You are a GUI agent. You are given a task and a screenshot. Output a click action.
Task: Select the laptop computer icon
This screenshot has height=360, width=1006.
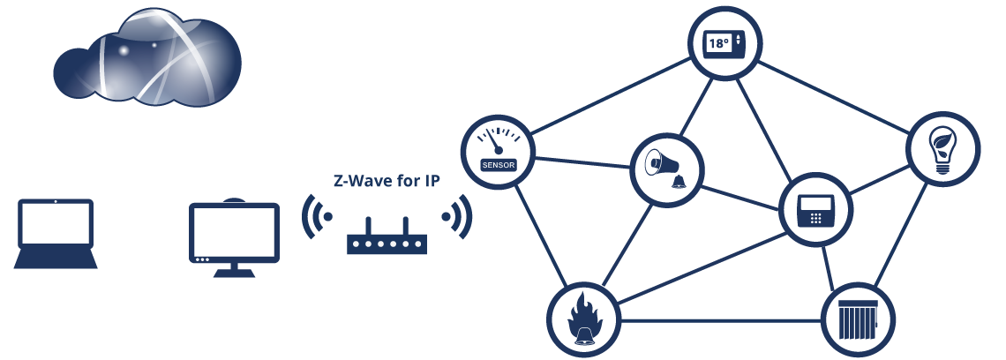(x=55, y=235)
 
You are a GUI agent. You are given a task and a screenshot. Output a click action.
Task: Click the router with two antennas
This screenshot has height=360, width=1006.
(x=387, y=239)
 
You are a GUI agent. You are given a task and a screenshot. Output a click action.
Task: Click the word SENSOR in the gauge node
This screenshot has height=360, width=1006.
(x=498, y=164)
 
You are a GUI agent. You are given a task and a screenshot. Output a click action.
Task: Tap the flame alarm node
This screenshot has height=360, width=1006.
(x=582, y=318)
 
